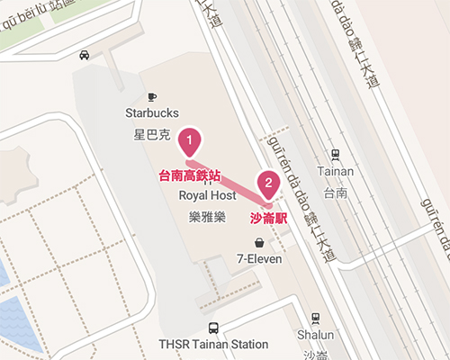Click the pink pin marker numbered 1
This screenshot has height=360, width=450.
pos(190,141)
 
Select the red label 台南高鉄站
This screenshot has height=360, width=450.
pos(189,176)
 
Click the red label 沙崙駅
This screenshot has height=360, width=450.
pos(268,218)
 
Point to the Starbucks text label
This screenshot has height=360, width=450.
pos(152,113)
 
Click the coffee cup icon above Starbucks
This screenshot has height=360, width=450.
pos(151,96)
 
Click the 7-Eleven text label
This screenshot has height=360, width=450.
pos(259,259)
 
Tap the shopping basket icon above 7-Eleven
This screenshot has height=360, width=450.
pos(259,242)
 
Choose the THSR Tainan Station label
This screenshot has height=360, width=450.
pos(213,344)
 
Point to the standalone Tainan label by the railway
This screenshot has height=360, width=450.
pos(336,172)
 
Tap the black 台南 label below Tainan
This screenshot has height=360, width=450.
pos(336,192)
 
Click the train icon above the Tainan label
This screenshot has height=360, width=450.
pos(336,155)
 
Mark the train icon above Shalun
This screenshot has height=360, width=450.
pos(314,318)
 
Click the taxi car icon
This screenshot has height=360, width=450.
pos(84,55)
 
